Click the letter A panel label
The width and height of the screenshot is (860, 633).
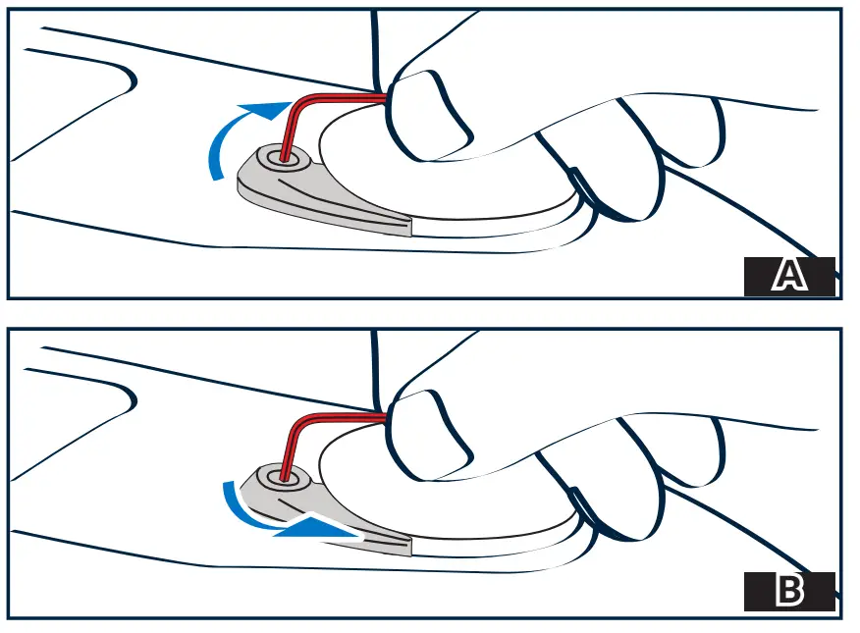[x=789, y=276]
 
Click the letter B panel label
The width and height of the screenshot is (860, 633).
[x=789, y=591]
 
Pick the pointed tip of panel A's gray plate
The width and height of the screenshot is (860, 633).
[x=410, y=228]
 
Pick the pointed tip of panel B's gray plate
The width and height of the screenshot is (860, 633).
[x=410, y=547]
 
